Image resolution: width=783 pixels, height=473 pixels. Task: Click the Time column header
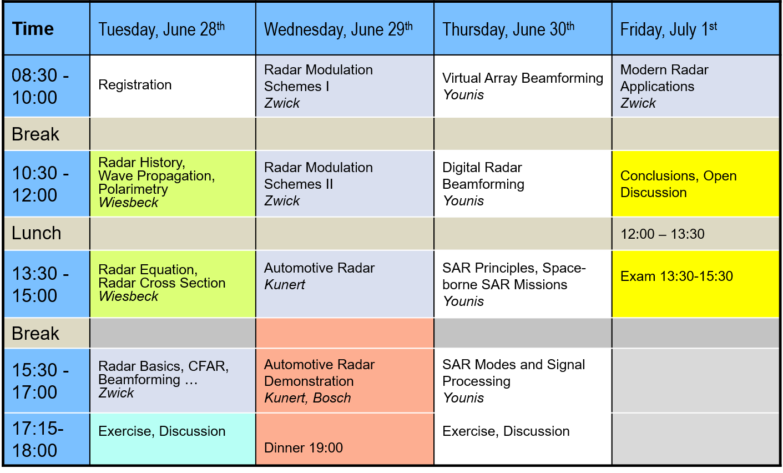point(33,29)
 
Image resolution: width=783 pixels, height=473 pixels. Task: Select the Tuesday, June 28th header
point(161,29)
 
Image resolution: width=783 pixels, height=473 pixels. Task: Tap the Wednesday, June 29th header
point(338,29)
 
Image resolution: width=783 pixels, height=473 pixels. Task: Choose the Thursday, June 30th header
point(508,29)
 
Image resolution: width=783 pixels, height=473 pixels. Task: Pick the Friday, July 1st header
point(668,29)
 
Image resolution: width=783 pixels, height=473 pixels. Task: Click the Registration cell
point(135,85)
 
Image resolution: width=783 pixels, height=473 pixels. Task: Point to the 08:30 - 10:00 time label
point(40,87)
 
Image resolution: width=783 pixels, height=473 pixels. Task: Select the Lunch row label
point(37,233)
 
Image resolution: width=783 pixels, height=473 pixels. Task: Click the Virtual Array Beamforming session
point(523,87)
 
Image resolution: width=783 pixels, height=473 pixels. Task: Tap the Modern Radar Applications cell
point(664,87)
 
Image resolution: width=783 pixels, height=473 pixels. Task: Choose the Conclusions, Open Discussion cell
point(679,184)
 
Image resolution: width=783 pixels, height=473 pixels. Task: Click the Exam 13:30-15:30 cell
point(676,276)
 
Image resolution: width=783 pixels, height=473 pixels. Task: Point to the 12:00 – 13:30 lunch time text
point(663,234)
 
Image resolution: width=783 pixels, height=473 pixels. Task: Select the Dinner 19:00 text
point(304,448)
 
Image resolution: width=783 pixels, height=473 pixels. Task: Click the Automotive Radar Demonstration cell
point(319,381)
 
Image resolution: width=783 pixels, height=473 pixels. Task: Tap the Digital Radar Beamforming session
point(483,184)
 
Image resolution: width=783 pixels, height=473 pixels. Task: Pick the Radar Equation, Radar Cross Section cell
point(162,283)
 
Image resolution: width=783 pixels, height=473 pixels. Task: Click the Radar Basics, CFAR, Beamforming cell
point(163,379)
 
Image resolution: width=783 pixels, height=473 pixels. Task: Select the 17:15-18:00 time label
point(38,439)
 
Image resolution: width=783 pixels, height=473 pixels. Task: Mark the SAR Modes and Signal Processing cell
point(513,381)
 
